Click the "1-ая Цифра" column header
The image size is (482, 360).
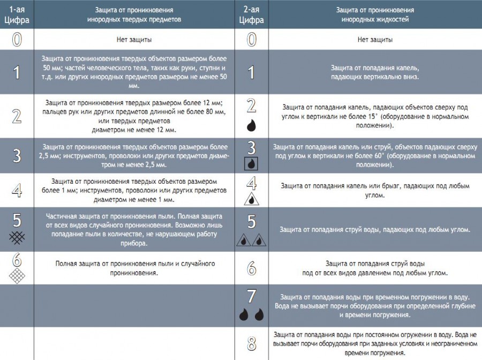point(17,14)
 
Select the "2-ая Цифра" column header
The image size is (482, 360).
point(251,14)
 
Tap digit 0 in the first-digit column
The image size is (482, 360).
point(17,40)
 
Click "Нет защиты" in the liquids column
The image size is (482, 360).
point(375,40)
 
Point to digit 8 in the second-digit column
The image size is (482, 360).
point(251,343)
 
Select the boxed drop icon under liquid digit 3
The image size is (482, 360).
point(251,163)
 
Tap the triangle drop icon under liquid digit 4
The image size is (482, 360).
point(251,199)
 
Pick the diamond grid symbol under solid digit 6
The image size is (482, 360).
point(17,276)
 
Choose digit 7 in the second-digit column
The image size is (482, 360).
point(251,296)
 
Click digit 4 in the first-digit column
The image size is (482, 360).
point(17,191)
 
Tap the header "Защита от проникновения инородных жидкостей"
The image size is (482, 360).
point(375,14)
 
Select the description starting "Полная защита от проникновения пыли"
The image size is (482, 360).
point(135,268)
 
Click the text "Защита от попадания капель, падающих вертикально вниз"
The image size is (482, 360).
point(375,72)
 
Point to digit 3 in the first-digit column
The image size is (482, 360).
point(17,155)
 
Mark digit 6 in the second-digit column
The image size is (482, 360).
point(251,268)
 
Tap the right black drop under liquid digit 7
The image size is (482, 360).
point(259,314)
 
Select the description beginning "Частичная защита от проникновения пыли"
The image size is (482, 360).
point(135,229)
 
